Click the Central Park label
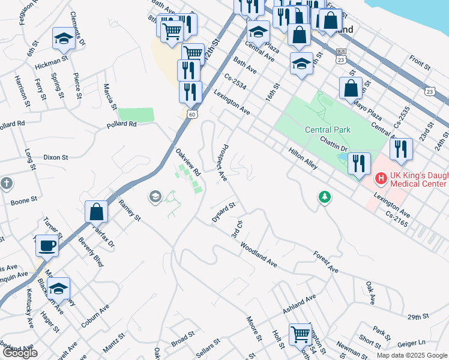pyautogui.click(x=327, y=129)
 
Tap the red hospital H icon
pyautogui.click(x=380, y=178)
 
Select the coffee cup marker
pyautogui.click(x=47, y=245)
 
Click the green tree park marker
pyautogui.click(x=325, y=197)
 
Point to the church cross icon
pyautogui.click(x=6, y=183)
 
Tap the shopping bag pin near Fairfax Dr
pyautogui.click(x=96, y=212)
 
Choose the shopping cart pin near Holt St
pyautogui.click(x=300, y=334)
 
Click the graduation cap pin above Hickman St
pyautogui.click(x=63, y=39)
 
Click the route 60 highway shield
pyautogui.click(x=191, y=114)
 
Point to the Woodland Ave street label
pyautogui.click(x=259, y=254)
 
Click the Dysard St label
pyautogui.click(x=224, y=212)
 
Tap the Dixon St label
pyautogui.click(x=55, y=157)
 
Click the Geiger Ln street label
pyautogui.click(x=411, y=343)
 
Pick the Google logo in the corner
pyautogui.click(x=20, y=353)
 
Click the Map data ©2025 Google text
pyautogui.click(x=411, y=355)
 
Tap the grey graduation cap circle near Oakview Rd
pyautogui.click(x=155, y=196)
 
